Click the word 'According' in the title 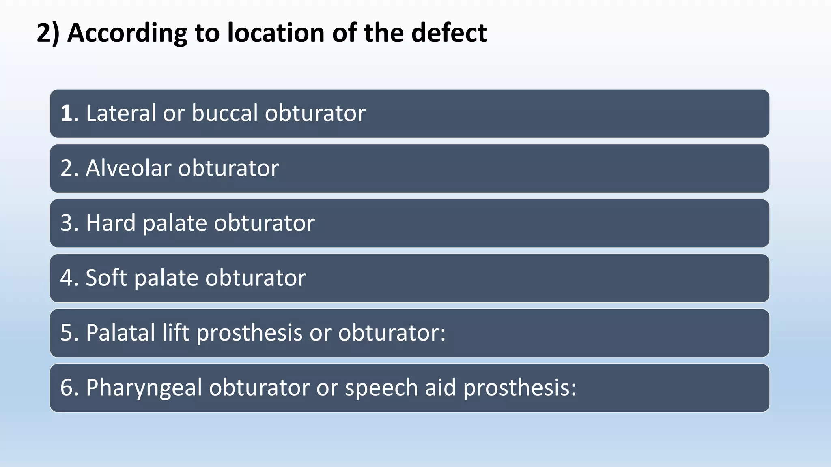click(x=127, y=33)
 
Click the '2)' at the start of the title click(x=48, y=33)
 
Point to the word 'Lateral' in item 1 click(x=121, y=113)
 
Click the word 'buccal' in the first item click(x=225, y=113)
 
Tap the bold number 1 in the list click(x=66, y=113)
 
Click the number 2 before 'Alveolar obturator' click(x=66, y=168)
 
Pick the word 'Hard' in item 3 click(x=110, y=223)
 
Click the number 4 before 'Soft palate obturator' click(x=66, y=278)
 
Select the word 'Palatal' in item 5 click(x=121, y=333)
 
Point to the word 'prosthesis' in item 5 click(x=249, y=334)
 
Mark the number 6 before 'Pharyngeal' click(x=66, y=388)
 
